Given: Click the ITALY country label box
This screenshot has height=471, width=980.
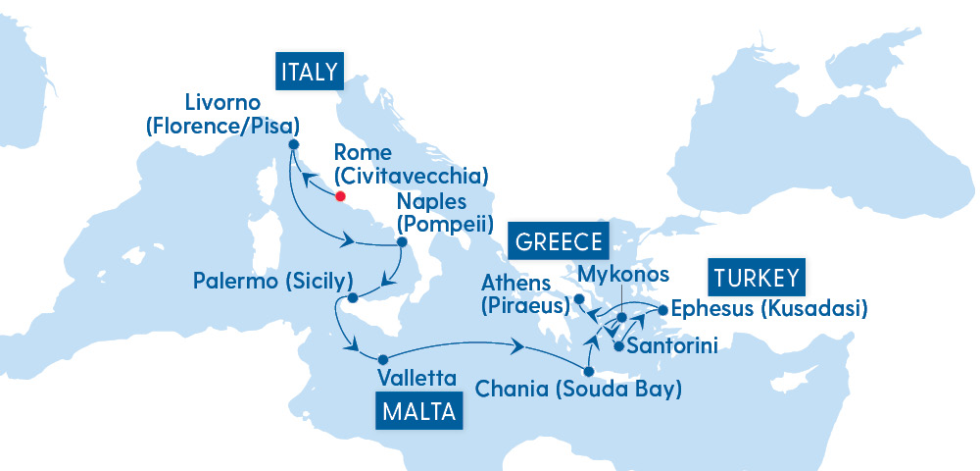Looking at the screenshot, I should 309,72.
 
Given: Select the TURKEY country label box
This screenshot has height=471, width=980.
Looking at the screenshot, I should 758,277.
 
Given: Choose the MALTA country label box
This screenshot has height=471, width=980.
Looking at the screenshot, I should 418,411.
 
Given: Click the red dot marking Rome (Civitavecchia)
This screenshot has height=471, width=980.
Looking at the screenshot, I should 341,195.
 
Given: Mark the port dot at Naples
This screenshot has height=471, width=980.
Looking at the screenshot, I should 401,241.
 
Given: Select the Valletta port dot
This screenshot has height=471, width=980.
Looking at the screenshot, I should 383,358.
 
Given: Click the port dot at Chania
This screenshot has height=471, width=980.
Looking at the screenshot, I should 588,371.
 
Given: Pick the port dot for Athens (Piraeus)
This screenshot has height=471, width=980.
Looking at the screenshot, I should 579,299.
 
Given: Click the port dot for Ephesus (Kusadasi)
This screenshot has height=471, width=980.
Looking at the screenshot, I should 662,310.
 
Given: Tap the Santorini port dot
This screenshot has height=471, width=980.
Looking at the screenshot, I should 618,345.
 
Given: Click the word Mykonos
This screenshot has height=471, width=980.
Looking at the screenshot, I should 624,273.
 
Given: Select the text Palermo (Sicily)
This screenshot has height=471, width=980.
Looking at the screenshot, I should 272,282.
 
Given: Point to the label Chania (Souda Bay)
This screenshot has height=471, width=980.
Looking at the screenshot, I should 578,390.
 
